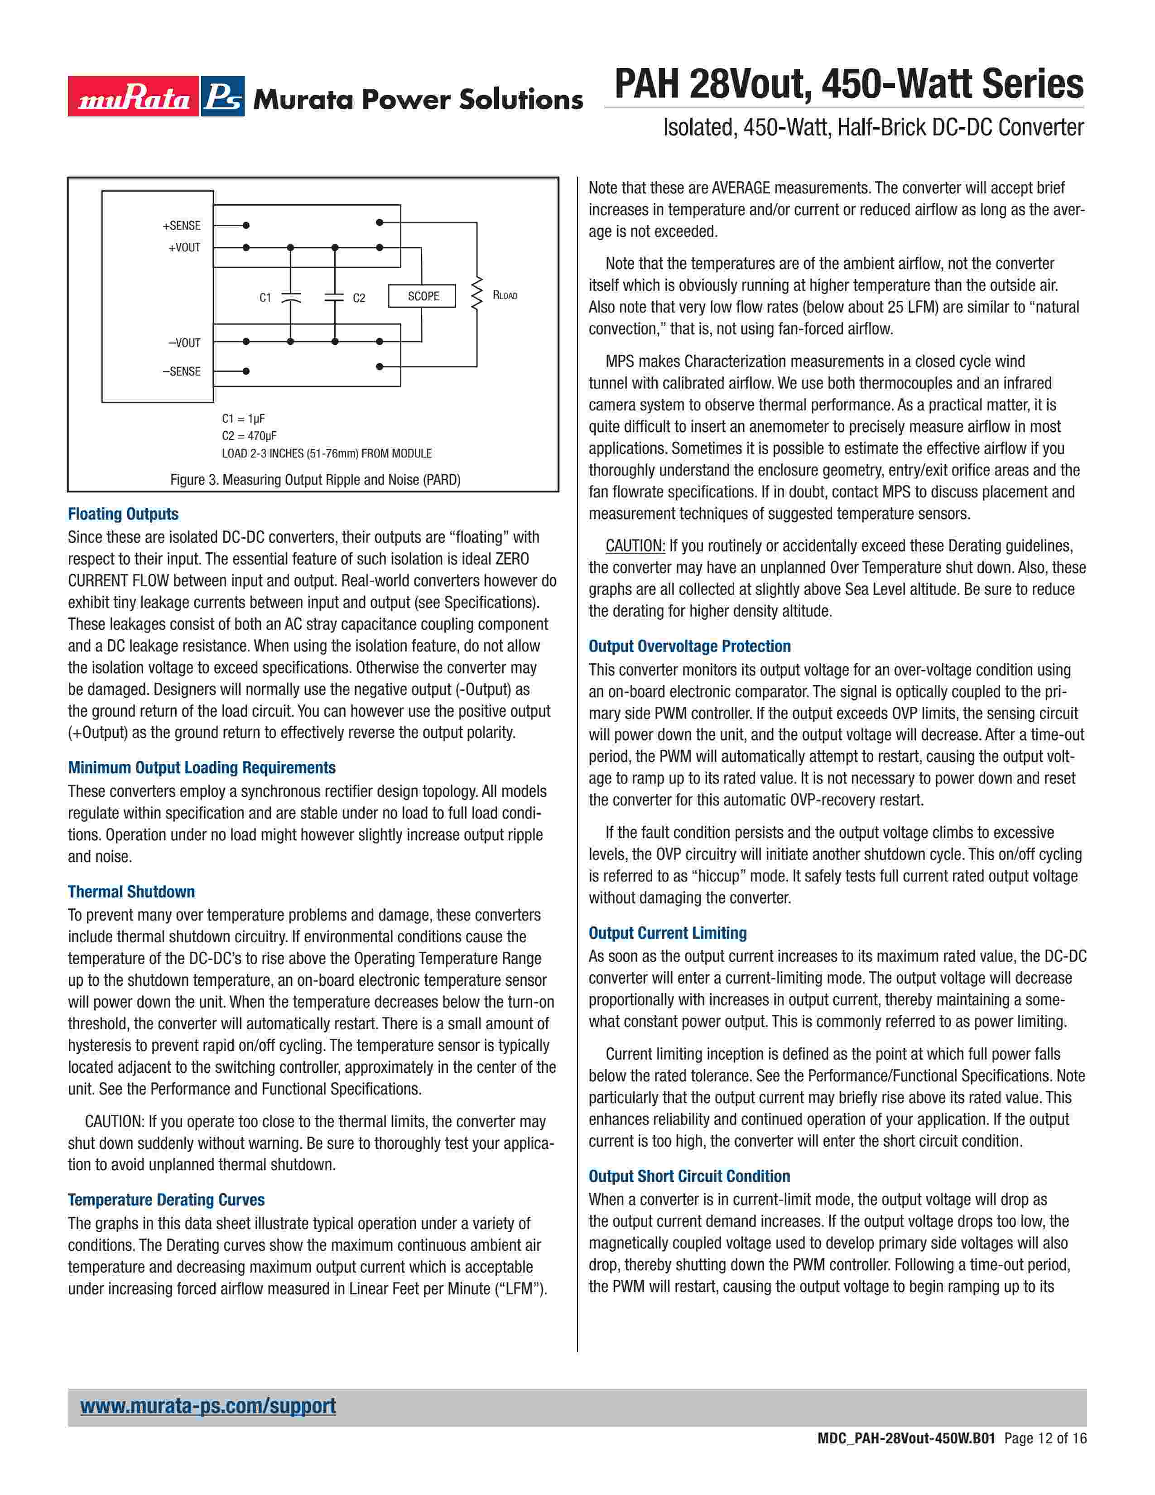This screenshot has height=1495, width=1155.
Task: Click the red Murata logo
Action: click(x=134, y=96)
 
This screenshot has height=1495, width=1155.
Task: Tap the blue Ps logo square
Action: click(x=223, y=96)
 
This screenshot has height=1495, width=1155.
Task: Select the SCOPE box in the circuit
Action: click(x=422, y=296)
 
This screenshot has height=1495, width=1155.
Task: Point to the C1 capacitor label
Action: click(x=265, y=298)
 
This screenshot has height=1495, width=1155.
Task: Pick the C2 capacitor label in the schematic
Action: click(x=359, y=298)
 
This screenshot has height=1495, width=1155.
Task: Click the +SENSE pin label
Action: click(x=181, y=225)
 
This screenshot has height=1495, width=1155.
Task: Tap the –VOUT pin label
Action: click(x=184, y=342)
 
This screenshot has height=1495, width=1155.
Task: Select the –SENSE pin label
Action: click(x=181, y=371)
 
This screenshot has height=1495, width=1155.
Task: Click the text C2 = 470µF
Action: click(x=249, y=436)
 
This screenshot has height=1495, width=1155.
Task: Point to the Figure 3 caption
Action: click(x=315, y=479)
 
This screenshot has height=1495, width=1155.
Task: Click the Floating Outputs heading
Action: click(x=123, y=514)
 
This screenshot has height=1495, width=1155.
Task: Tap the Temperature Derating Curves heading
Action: click(x=166, y=1200)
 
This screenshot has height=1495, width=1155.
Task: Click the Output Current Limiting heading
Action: click(x=668, y=933)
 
